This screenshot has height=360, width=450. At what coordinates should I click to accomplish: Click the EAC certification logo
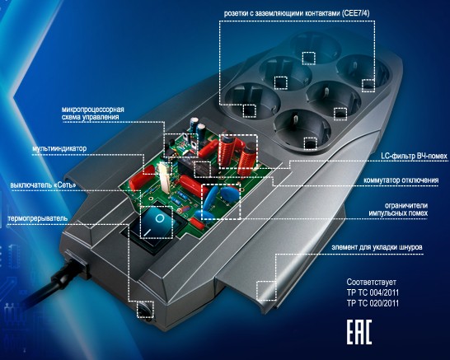[359, 332]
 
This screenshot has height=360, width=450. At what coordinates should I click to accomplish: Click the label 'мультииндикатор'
[59, 148]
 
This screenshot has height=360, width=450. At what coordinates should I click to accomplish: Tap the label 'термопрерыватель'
[38, 218]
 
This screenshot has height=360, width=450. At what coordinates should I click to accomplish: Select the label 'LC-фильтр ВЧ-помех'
[414, 156]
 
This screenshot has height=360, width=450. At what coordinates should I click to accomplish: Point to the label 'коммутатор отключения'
[401, 180]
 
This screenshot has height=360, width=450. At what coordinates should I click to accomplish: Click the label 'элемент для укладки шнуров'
[377, 247]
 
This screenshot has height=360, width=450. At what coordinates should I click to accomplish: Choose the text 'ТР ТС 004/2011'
[373, 292]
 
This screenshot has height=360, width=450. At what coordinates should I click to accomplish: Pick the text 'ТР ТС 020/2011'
[373, 303]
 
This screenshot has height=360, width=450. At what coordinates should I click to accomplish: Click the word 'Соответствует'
[369, 282]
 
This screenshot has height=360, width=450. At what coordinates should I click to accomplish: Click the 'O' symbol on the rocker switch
[160, 218]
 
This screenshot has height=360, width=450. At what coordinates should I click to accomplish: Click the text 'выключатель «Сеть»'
[43, 185]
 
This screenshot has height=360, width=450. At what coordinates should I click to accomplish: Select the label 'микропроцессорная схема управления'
[92, 114]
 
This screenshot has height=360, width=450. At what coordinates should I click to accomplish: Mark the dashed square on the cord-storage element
[266, 291]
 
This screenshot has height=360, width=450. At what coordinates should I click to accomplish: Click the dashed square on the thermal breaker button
[145, 310]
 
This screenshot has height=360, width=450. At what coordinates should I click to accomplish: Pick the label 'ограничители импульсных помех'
[398, 209]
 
